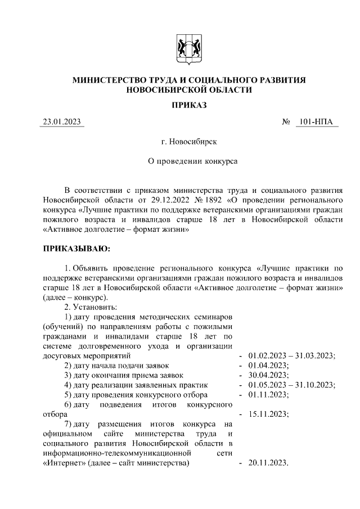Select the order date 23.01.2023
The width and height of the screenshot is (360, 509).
[62, 122]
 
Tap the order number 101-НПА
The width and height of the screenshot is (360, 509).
[316, 122]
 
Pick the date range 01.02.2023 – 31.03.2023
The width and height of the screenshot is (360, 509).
[291, 355]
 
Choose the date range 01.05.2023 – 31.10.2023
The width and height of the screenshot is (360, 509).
[291, 385]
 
